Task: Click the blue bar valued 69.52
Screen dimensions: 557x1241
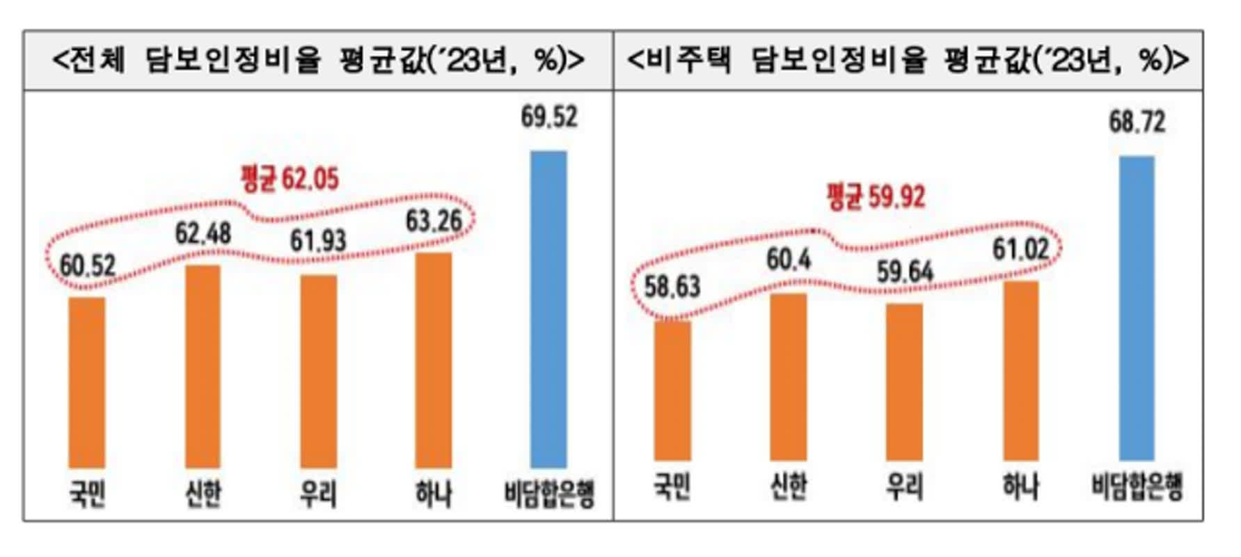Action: pos(548,309)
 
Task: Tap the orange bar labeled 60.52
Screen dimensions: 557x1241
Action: pos(87,382)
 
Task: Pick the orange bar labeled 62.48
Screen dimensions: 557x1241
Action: pos(203,366)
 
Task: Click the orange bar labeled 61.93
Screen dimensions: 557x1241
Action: pos(319,371)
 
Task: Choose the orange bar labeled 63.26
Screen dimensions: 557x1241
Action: pos(433,360)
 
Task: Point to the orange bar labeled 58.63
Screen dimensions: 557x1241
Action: pos(672,391)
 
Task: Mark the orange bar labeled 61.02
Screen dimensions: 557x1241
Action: pos(1020,371)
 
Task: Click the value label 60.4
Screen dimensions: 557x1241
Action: pos(789,260)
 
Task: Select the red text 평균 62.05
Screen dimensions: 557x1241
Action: pos(290,179)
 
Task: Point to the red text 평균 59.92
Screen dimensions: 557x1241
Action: pos(876,197)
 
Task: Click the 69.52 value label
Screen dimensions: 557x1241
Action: pos(549,117)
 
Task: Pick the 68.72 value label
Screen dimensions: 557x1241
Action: pos(1137,122)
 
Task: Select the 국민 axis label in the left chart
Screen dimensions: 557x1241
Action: pos(87,494)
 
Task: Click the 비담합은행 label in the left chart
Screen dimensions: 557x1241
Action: pos(549,494)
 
